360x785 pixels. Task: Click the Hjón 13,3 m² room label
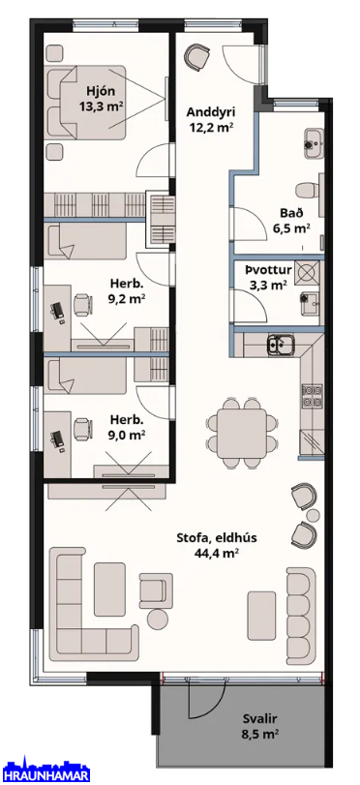pyautogui.click(x=102, y=99)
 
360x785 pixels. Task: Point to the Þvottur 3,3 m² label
pyautogui.click(x=268, y=278)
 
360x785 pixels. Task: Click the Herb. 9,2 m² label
pyautogui.click(x=127, y=292)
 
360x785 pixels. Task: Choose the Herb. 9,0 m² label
pyautogui.click(x=127, y=427)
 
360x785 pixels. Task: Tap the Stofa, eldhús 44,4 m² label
pyautogui.click(x=217, y=545)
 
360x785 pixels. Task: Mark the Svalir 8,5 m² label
pyautogui.click(x=261, y=726)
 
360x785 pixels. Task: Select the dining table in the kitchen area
pyautogui.click(x=242, y=434)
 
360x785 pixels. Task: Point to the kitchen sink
pyautogui.click(x=281, y=344)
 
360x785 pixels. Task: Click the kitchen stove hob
pyautogui.click(x=312, y=395)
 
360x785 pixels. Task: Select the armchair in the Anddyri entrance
pyautogui.click(x=196, y=55)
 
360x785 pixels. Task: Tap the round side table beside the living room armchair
pyautogui.click(x=158, y=619)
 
